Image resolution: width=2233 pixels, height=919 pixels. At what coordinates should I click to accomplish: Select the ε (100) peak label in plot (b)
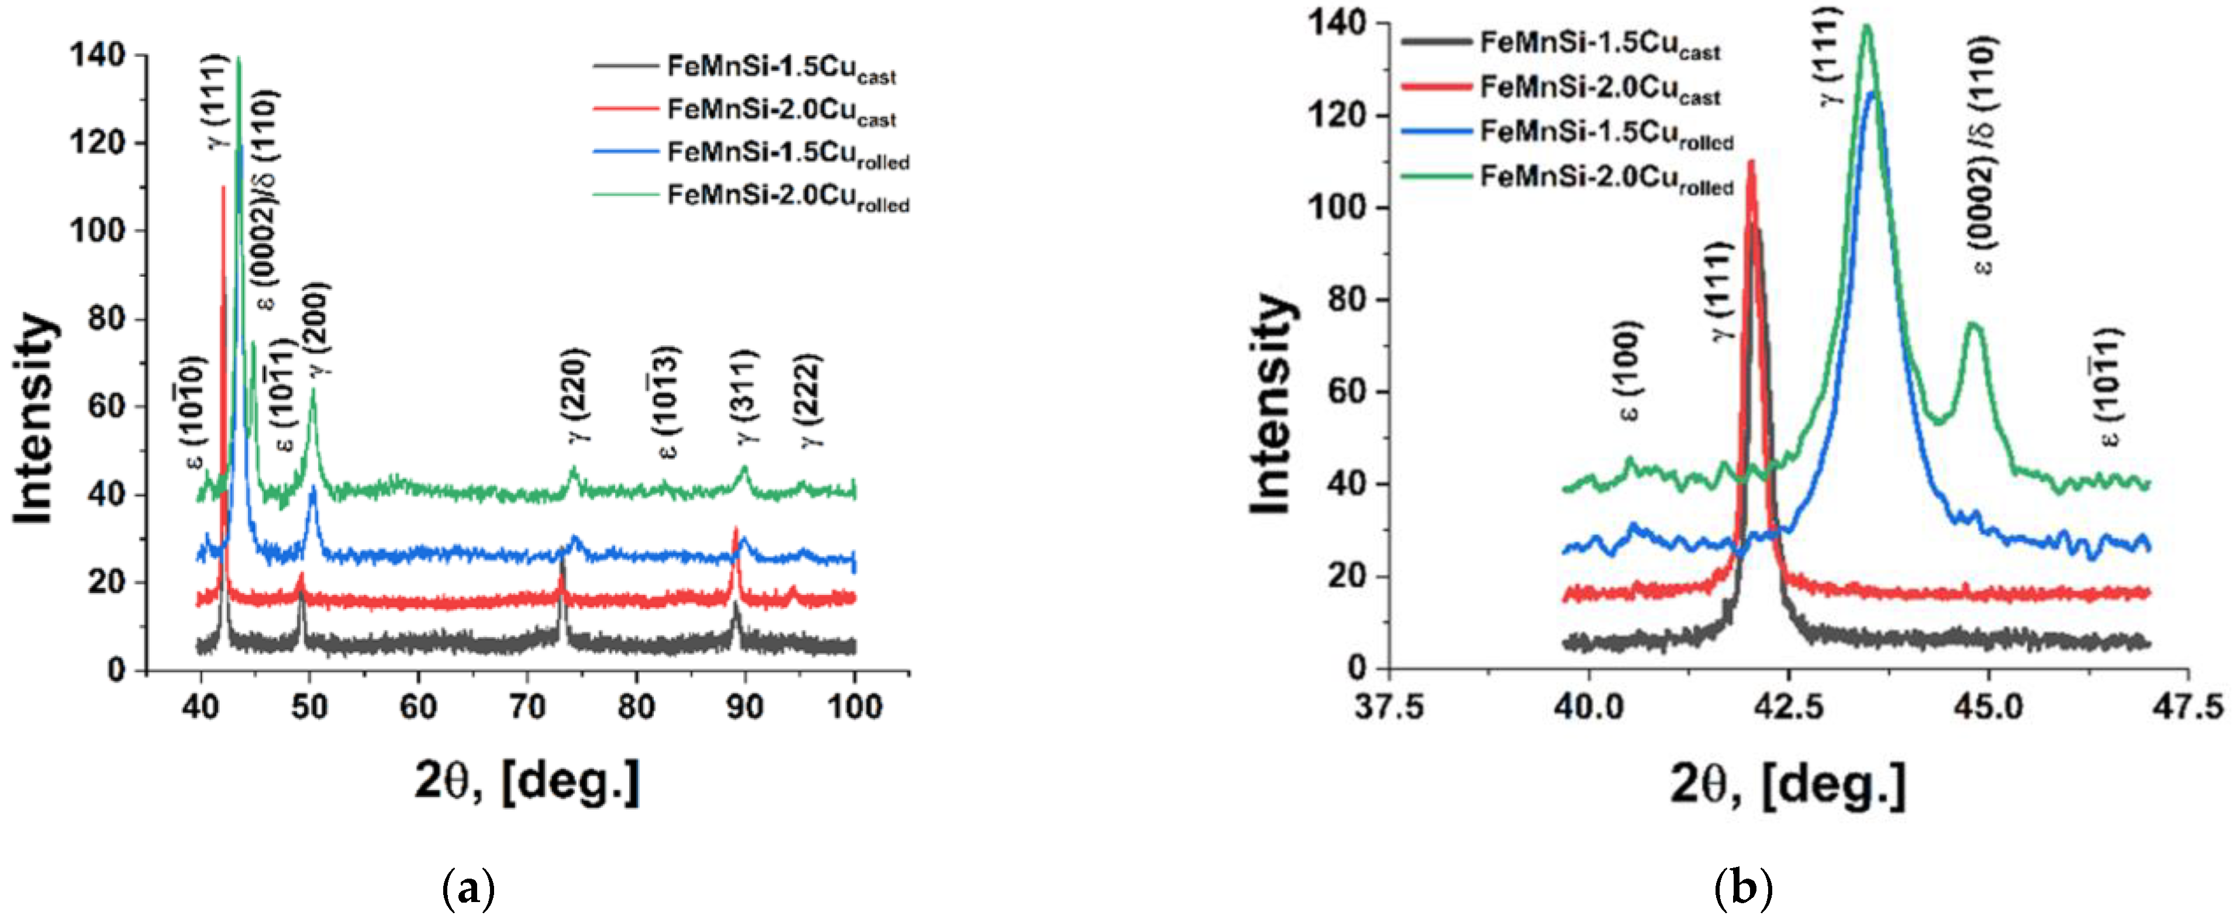pos(1630,371)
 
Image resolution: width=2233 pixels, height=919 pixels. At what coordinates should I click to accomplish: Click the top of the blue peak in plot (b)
pos(1872,94)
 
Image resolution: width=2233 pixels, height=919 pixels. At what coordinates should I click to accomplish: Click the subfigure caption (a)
pos(469,889)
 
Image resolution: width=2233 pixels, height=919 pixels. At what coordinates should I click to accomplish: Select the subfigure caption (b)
pos(1742,889)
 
